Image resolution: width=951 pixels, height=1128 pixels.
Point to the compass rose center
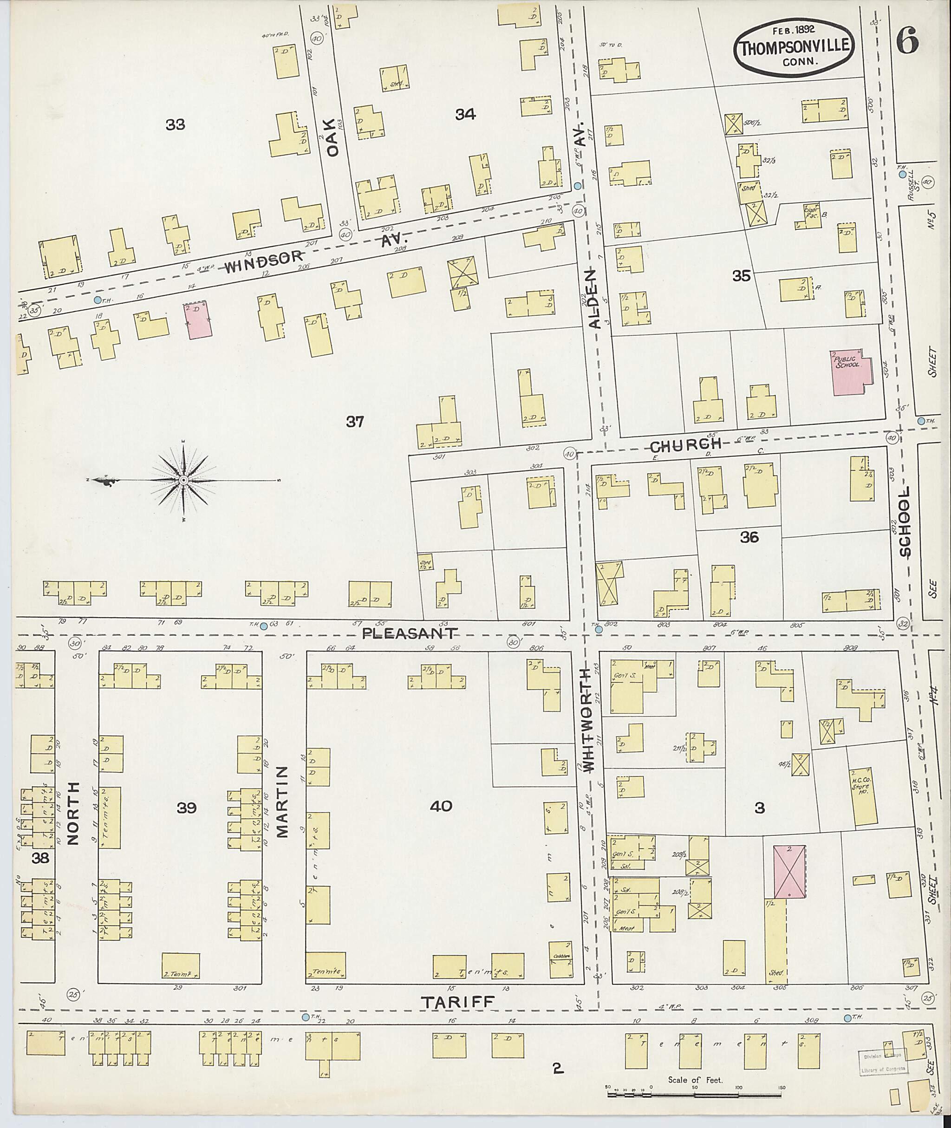pos(184,480)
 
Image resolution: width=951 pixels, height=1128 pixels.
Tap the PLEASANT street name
pos(410,632)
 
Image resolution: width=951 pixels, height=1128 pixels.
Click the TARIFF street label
pos(458,1002)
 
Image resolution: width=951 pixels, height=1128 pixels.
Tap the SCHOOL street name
pos(904,522)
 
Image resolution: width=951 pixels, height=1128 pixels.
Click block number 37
pos(355,422)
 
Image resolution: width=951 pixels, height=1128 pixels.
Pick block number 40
pos(441,807)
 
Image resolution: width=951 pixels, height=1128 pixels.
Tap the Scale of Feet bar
pos(695,1095)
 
